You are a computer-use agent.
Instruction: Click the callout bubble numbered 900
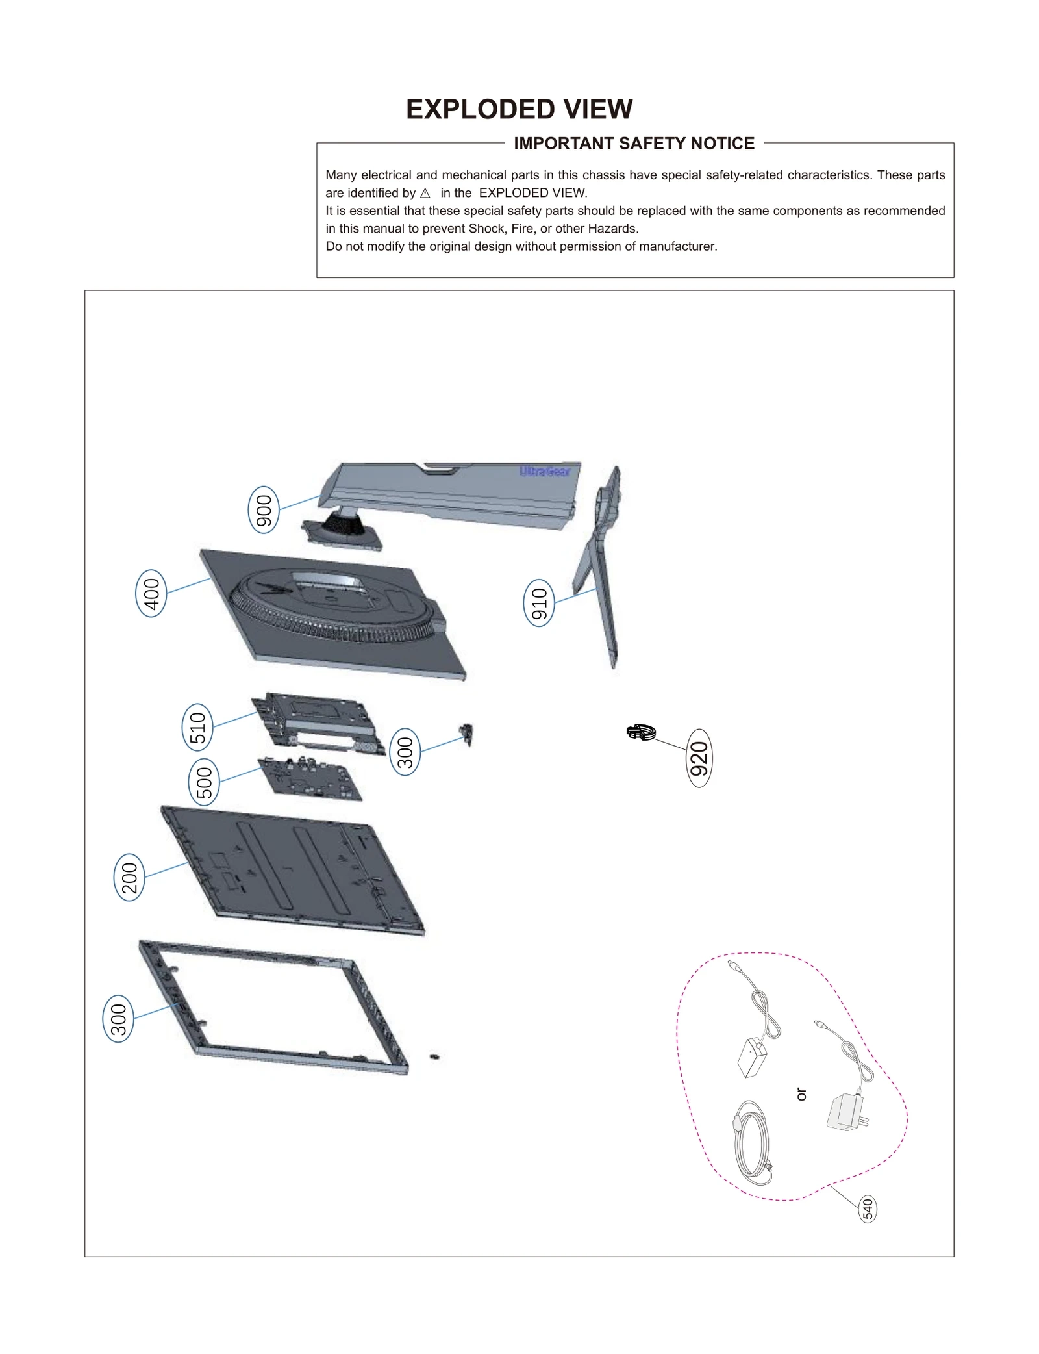tap(264, 509)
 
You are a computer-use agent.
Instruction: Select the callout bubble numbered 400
tap(151, 593)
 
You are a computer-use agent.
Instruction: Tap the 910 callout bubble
tap(539, 603)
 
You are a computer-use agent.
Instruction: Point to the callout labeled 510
tap(197, 727)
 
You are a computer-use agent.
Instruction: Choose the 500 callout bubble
tap(204, 782)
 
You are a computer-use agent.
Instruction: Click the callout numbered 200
tap(129, 877)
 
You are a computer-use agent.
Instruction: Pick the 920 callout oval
tap(699, 758)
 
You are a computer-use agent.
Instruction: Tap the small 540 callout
tap(868, 1209)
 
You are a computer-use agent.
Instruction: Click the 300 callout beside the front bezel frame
tap(118, 1018)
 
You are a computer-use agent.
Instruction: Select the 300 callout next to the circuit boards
tap(405, 752)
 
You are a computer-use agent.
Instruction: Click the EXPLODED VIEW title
tap(519, 109)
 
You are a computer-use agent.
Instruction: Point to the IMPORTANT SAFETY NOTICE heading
tap(634, 144)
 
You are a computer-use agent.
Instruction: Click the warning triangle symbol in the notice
tap(425, 193)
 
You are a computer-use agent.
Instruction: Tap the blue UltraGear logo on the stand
tap(545, 471)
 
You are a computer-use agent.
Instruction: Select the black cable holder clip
tap(641, 732)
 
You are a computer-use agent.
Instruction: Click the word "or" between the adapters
tap(801, 1094)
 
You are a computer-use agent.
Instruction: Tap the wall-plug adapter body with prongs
tap(845, 1112)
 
